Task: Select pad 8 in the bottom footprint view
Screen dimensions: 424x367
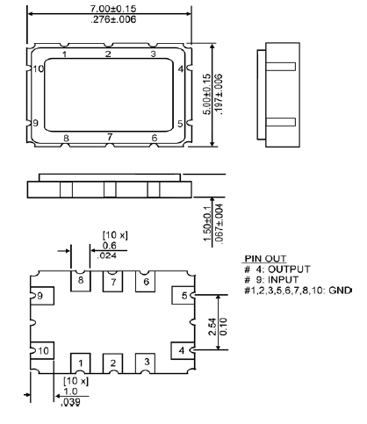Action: click(81, 281)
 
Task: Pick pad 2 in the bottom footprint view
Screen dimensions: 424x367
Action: click(113, 362)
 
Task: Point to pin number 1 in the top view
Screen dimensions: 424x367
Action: click(65, 54)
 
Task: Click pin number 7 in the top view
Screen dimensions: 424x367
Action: click(110, 137)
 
